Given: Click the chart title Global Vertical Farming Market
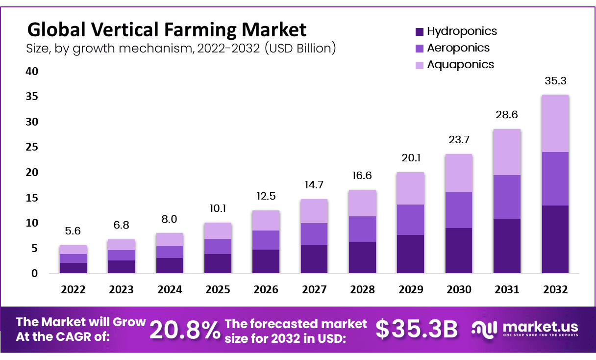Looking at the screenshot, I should tap(167, 30).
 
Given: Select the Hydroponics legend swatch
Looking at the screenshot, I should tap(419, 32).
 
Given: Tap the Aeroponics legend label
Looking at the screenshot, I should tap(458, 48).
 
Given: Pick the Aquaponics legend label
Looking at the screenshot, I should tap(460, 65).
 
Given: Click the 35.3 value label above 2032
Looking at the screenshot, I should tap(555, 81).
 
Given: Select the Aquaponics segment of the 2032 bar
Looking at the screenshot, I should tap(555, 124).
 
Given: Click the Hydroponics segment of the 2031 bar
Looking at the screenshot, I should tap(507, 246).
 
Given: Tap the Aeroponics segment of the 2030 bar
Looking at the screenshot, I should tap(459, 210).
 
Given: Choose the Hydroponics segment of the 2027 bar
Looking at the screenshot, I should tap(314, 259).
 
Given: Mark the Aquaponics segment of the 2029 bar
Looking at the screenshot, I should tap(410, 188).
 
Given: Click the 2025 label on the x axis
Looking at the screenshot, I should tap(218, 290).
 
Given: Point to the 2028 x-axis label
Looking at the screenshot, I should tap(362, 290).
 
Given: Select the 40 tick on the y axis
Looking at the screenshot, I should tap(32, 72).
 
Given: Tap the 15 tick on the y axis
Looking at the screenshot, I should tap(32, 198).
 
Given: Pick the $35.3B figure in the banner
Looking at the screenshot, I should tap(417, 330).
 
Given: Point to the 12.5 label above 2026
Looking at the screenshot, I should tap(266, 197).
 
